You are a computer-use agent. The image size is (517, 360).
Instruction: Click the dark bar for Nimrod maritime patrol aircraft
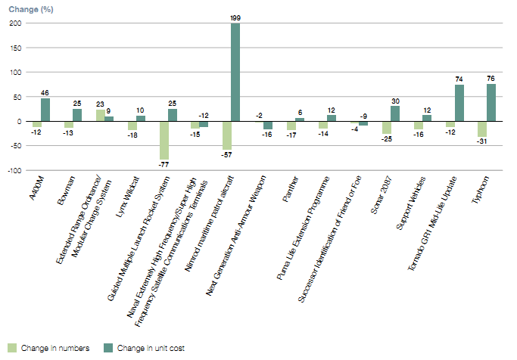tap(235, 73)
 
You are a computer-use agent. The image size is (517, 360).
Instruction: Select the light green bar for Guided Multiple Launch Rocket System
tap(164, 140)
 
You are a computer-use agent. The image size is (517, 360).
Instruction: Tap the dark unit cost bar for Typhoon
tap(491, 102)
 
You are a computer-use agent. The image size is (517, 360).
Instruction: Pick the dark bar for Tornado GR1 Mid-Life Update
tap(459, 103)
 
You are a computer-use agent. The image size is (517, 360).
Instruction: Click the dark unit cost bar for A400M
tap(45, 110)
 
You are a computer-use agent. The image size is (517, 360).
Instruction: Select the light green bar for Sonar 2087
tap(387, 127)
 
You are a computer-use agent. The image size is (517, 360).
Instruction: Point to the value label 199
tap(235, 16)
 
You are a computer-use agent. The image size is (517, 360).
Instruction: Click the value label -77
tap(164, 164)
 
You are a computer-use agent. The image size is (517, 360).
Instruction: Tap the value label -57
tap(227, 154)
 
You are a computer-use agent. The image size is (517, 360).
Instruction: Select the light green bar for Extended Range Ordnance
tap(100, 115)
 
